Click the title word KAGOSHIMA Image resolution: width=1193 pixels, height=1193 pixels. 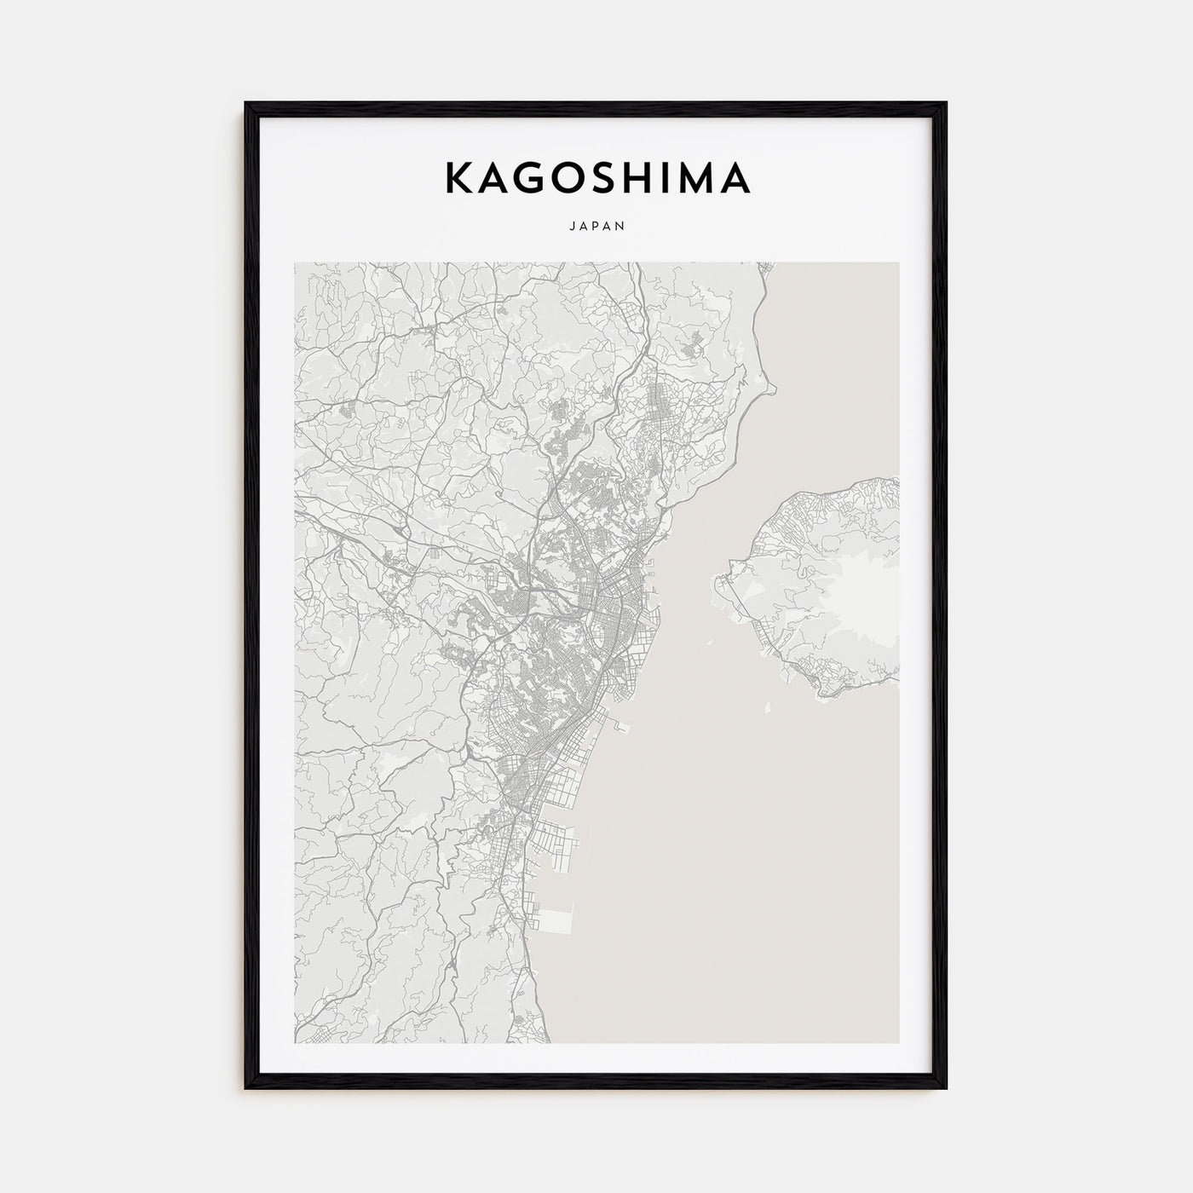point(596,177)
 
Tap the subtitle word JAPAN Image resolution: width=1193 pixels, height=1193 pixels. point(596,227)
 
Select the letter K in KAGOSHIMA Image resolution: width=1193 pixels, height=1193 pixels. point(456,177)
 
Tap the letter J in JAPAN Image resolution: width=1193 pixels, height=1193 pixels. point(569,227)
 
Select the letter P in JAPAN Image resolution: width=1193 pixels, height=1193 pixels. point(596,227)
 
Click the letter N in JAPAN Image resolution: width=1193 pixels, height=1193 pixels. point(622,227)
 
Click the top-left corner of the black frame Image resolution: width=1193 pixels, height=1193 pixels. point(247,105)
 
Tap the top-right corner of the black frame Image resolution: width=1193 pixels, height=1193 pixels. point(945,105)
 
